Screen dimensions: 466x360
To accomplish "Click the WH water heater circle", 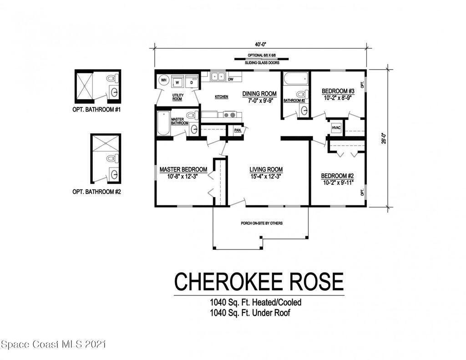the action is (x=163, y=80).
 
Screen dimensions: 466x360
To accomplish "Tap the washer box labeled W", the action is (x=177, y=82).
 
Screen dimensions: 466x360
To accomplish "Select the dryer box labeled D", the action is (x=192, y=82).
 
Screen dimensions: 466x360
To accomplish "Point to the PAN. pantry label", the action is (x=238, y=130).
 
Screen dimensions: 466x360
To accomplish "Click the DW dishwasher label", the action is (x=231, y=79).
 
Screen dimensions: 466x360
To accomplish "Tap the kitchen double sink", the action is (x=218, y=77).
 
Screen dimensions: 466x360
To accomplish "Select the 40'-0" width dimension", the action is (x=261, y=44).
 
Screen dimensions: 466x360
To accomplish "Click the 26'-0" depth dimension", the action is (x=385, y=138).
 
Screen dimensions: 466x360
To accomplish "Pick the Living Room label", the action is (x=266, y=169).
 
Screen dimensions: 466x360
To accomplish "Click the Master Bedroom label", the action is (x=183, y=169).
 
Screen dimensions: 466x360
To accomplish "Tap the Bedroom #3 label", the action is (x=338, y=91).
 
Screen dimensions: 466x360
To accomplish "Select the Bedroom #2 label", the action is (x=337, y=176).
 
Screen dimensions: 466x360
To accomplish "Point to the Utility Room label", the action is (x=178, y=97).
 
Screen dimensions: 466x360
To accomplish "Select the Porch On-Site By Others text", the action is (x=262, y=223).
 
